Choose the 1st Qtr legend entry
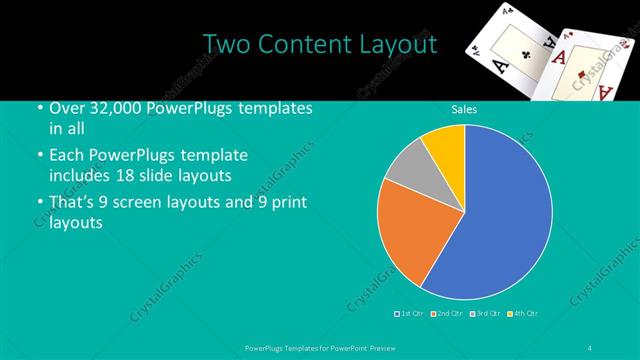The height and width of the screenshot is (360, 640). (411, 314)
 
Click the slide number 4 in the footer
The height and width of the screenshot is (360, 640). (591, 348)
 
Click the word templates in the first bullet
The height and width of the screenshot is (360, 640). (273, 108)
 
